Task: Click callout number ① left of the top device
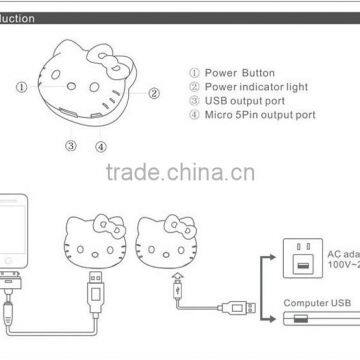tap(20, 87)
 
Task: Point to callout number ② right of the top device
tap(154, 94)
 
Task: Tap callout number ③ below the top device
tap(71, 146)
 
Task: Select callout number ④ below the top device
tap(102, 146)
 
